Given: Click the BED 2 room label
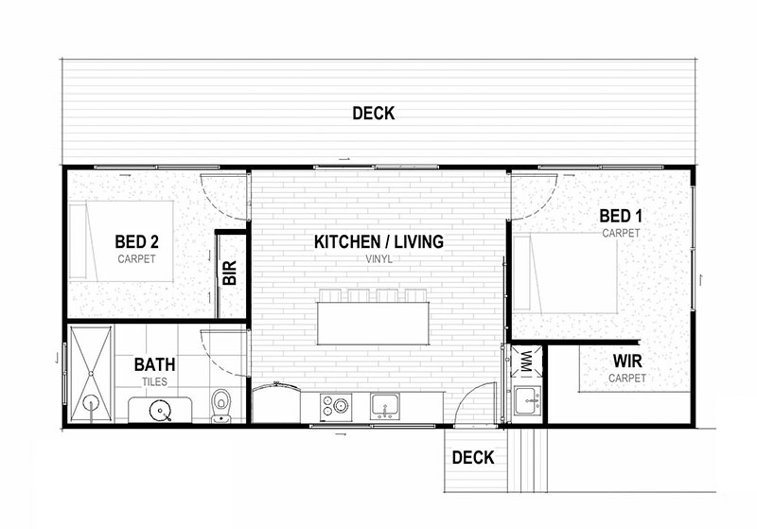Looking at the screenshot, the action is coord(136,241).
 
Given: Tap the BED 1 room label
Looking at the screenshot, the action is coord(621,216).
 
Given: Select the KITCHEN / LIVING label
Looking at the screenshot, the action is coord(379,242).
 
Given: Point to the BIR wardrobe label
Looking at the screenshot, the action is coord(230,273).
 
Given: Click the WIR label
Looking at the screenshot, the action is coord(627,361).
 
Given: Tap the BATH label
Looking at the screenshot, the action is coord(154,364).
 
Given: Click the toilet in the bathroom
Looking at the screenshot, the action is coord(221,405).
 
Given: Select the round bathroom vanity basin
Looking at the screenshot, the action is coord(160,411).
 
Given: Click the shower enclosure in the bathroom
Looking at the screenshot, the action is coord(90,374).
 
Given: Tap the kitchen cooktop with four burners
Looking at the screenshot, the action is coord(336,406).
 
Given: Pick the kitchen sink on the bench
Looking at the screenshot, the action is coord(385,406).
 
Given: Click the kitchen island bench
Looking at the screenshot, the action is coord(373,324).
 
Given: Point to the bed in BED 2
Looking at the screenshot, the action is coord(121,241).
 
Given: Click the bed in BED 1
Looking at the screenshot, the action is coord(565,273).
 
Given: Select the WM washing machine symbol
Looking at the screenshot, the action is coord(527,361).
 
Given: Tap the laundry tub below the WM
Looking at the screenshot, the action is coord(527,400).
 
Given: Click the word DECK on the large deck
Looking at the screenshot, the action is coord(374,114).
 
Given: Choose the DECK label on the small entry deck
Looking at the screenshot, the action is coord(473,458).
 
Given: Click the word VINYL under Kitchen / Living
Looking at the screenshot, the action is coord(379,259).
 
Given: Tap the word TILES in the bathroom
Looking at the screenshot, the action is coord(154,381).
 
